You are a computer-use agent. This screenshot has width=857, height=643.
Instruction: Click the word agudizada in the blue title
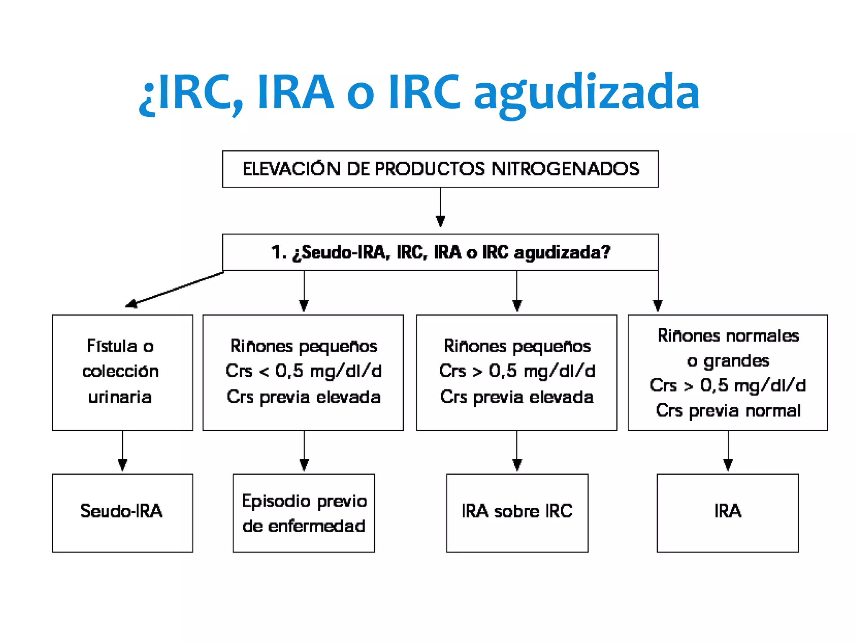[586, 94]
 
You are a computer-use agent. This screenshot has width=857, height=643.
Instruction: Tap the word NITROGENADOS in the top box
[565, 169]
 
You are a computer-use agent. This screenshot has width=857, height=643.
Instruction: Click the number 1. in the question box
[279, 252]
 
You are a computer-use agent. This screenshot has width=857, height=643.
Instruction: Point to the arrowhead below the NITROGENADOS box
[440, 221]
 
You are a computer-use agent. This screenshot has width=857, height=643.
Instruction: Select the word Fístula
[112, 346]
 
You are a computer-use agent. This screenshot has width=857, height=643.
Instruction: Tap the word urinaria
[120, 397]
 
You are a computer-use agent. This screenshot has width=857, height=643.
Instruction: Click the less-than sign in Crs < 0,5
[264, 371]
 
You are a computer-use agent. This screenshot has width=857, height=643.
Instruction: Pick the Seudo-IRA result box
[122, 512]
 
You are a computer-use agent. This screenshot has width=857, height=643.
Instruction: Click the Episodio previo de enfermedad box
[303, 512]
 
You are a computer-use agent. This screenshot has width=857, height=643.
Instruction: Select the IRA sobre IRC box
[517, 512]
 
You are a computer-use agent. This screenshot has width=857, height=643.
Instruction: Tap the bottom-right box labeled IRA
[727, 512]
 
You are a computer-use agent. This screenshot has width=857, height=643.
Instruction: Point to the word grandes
[736, 361]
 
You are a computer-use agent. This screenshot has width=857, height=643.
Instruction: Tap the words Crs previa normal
[728, 411]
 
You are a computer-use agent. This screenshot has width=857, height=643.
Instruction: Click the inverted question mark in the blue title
[147, 98]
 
